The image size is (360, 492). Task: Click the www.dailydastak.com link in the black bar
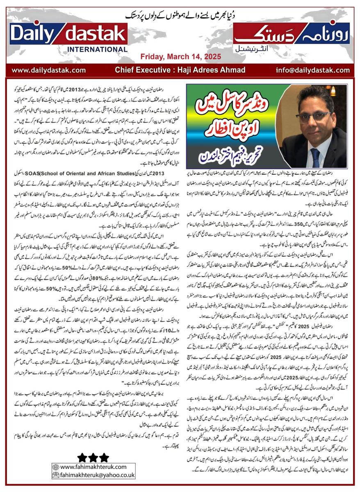[x=49, y=70]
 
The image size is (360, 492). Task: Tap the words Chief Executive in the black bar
[x=137, y=70]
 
